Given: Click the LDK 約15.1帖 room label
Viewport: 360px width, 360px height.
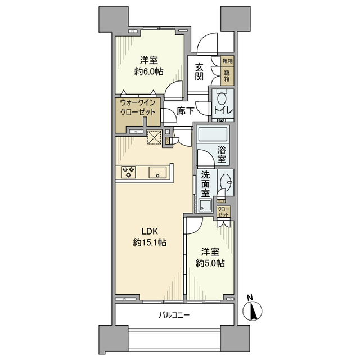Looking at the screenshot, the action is pos(150,237).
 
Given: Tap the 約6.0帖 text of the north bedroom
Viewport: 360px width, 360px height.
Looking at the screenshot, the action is pos(149,72).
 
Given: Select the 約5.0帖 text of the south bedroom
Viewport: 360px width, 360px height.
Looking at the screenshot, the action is pos(210,263).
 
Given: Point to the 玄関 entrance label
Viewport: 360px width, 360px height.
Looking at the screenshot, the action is pos(199,72).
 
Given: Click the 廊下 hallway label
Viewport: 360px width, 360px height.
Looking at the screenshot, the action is pos(186,111).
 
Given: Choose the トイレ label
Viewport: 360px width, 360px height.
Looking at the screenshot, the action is pos(223,110).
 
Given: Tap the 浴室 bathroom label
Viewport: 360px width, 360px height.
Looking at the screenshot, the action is pos(222,155).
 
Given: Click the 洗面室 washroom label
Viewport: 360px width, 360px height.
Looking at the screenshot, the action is pos(205,184).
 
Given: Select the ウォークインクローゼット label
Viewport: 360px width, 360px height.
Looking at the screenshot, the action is pos(138,107).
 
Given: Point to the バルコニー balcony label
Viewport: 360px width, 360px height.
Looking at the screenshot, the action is pos(174,315).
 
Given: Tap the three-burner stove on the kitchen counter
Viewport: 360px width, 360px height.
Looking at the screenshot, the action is pos(128,172).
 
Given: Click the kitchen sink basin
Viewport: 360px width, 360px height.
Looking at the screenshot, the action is pos(157,172).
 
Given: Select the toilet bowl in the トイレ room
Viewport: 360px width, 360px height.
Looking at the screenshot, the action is pos(222,98).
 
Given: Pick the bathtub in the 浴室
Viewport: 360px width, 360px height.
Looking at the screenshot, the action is pos(213,134).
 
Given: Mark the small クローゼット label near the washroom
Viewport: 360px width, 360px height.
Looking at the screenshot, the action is pos(223,212).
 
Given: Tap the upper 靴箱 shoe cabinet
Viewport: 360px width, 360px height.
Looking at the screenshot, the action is pos(227,61).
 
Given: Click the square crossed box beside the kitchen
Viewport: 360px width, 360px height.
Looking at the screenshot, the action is pos(155,137).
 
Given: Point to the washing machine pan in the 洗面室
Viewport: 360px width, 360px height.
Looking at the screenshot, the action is pos(204,205).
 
